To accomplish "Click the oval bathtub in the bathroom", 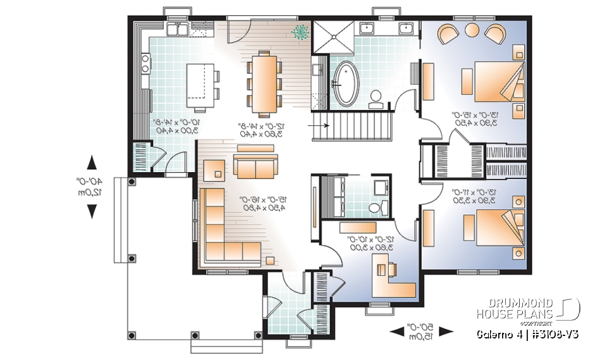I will [x=346, y=84].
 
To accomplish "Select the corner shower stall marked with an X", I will [x=330, y=36].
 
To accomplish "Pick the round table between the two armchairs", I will [x=472, y=29].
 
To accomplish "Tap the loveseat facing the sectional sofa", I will [x=255, y=166].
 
